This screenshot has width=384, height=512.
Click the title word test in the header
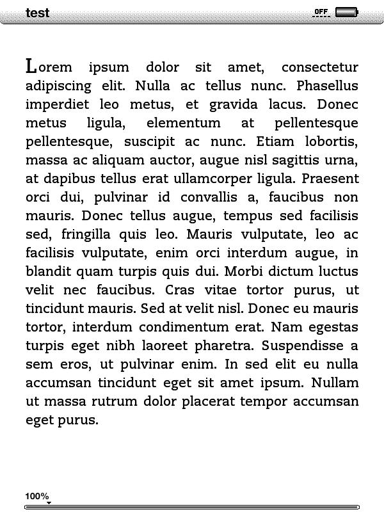tap(37, 13)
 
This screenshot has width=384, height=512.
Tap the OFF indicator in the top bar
tap(321, 12)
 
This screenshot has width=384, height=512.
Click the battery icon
tap(346, 12)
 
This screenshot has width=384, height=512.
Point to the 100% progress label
tap(37, 496)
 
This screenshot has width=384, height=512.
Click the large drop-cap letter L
tap(31, 66)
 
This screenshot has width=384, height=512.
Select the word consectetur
tap(319, 67)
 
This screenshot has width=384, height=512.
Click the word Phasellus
tap(327, 86)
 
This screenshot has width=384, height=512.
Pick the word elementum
tap(183, 123)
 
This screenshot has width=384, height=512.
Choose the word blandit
tap(49, 271)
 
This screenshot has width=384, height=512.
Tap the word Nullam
tap(335, 383)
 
